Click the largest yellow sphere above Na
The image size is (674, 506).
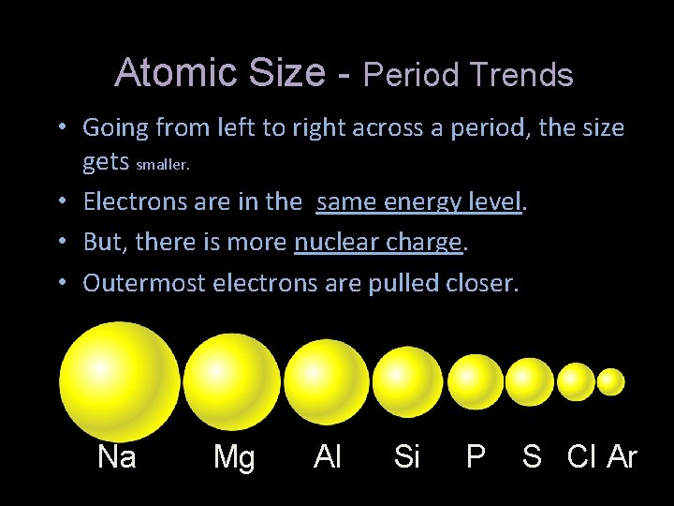(119, 380)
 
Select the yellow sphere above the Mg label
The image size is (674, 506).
(231, 381)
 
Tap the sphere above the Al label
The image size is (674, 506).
(327, 380)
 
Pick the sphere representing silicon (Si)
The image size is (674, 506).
(407, 381)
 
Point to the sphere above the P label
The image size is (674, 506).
(476, 381)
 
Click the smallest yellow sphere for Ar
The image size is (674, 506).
(610, 381)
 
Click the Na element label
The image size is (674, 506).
(117, 457)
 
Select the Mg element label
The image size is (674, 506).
(233, 457)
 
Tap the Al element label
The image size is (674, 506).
(328, 457)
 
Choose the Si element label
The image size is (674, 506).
(407, 457)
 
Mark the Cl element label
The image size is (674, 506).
(581, 457)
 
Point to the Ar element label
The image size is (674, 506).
(623, 457)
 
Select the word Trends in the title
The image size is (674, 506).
(524, 75)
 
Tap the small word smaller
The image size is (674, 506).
(163, 165)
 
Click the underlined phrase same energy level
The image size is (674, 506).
(418, 201)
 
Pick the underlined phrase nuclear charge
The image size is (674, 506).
(378, 242)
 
